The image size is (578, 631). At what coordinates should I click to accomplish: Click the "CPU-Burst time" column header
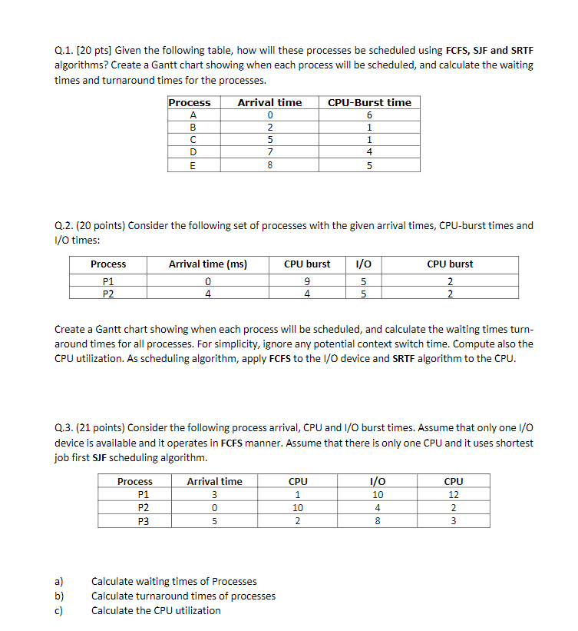point(369,102)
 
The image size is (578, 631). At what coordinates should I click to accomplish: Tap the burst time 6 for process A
point(369,115)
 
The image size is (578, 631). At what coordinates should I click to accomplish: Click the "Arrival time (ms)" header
point(207,264)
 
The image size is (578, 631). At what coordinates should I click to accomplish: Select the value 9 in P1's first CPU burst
point(307,281)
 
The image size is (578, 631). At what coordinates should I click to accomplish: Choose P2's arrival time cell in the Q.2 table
point(207,293)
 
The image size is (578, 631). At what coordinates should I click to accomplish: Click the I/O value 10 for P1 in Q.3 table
point(375,494)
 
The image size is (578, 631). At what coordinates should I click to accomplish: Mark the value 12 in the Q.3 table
point(453,494)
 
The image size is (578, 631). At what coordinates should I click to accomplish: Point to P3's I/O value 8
point(375,521)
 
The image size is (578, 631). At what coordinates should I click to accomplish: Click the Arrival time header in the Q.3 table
point(214,481)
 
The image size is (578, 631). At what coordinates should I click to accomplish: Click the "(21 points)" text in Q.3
point(99,428)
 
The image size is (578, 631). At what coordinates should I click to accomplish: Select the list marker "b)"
point(58,596)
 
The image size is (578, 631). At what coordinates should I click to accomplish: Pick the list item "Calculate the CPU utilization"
point(156,610)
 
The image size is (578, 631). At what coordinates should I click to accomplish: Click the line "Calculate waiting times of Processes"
point(174,581)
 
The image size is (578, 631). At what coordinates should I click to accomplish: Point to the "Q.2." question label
point(64,226)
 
